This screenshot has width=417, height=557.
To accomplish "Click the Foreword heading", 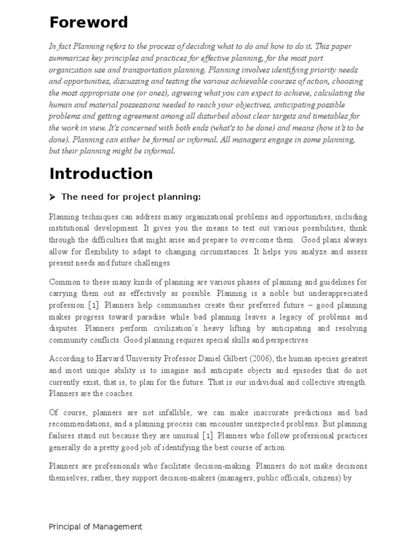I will pos(89,23).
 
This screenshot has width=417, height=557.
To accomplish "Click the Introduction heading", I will pos(101,174).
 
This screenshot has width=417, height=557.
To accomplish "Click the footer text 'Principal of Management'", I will pos(96,527).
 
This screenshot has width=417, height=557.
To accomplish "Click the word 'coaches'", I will pos(121,393).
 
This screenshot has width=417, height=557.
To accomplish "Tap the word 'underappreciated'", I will pos(335,294).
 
